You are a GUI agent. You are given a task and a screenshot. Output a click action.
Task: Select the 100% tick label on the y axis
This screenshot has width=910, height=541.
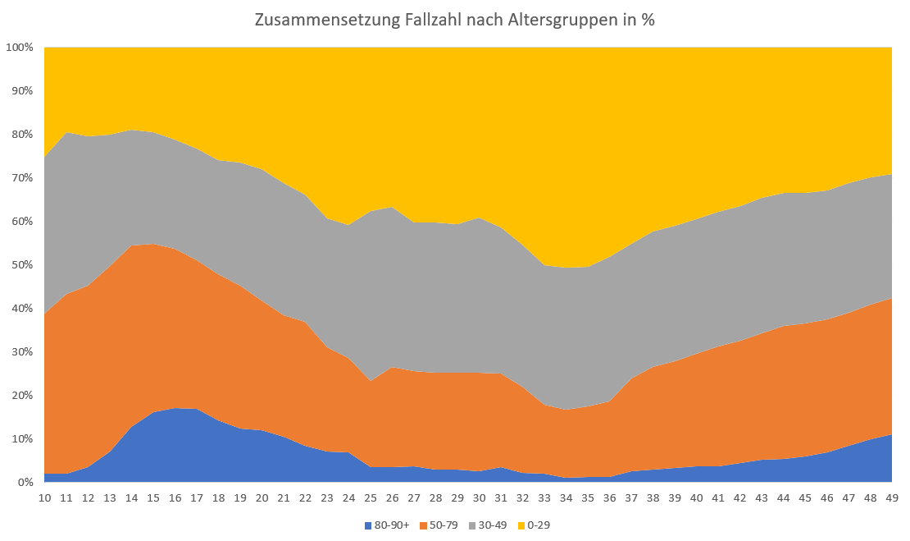20,48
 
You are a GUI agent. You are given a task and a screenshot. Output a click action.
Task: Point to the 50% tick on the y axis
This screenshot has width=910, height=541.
22,265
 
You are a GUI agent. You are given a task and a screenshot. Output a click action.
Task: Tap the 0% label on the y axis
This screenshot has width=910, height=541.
25,483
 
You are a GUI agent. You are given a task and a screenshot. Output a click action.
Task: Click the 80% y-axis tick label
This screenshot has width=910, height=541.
22,135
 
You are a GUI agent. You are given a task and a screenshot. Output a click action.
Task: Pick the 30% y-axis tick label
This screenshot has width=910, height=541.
22,352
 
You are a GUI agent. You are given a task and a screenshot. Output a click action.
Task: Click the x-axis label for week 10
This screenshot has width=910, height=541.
45,498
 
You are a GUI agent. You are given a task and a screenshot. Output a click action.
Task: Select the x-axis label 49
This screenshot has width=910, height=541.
891,498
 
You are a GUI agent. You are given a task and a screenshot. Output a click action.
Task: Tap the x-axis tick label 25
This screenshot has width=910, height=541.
371,498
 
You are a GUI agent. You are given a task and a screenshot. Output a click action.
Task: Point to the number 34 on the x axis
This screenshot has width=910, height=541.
566,498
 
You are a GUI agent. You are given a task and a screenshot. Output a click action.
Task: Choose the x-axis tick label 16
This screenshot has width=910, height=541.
175,498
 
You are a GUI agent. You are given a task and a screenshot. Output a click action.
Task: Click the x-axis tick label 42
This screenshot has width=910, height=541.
739,498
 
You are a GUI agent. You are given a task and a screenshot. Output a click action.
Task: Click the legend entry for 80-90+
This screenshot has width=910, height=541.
393,525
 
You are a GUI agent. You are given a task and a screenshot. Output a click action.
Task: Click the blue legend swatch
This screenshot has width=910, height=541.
368,525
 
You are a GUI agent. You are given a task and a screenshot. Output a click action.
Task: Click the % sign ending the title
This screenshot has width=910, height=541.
648,21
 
